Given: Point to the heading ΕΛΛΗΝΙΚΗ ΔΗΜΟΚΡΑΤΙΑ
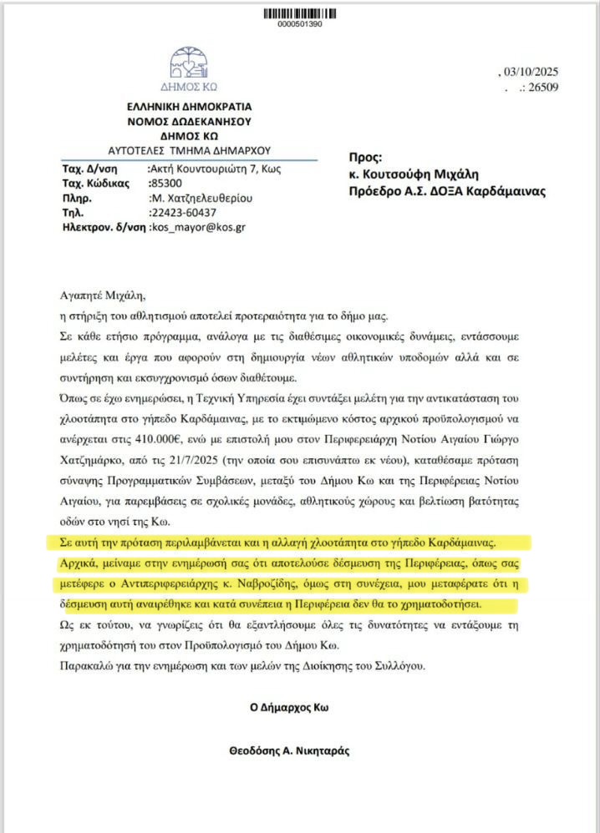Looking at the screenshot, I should tap(189, 106).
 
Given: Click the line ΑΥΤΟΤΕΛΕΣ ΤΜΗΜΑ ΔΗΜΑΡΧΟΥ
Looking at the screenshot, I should tap(188, 150).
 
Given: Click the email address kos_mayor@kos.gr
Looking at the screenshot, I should tap(197, 226).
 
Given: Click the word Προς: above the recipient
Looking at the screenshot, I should tap(366, 157).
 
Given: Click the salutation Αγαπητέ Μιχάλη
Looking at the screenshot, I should tap(109, 295).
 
